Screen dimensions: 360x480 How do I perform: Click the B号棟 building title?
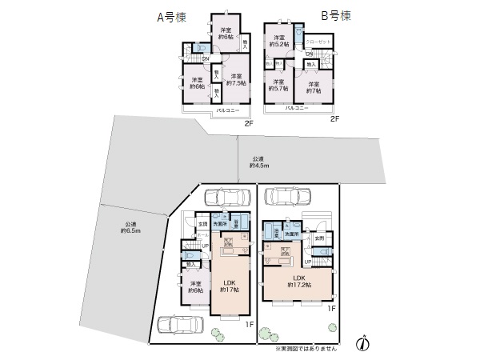pyautogui.click(x=335, y=14)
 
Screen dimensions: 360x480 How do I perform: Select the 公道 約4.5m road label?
pyautogui.click(x=258, y=162)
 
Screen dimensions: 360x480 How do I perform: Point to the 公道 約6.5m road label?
pyautogui.click(x=130, y=227)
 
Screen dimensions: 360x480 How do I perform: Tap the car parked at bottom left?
pyautogui.click(x=181, y=326)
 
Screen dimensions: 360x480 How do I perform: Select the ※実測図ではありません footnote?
pyautogui.click(x=306, y=350)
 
